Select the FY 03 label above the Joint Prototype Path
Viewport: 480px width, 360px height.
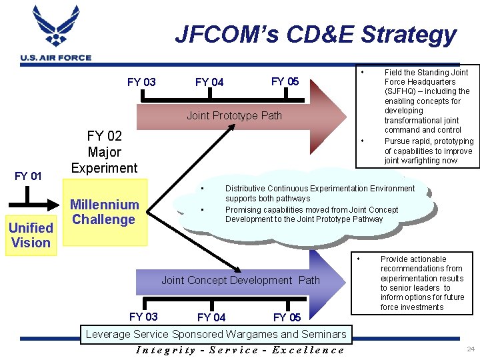pyautogui.click(x=141, y=82)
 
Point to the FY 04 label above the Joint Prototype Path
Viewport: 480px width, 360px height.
pyautogui.click(x=209, y=82)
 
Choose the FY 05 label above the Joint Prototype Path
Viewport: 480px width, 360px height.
pyautogui.click(x=285, y=81)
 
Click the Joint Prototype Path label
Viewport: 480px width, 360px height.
pyautogui.click(x=234, y=116)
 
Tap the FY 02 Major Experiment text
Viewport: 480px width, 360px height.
pyautogui.click(x=104, y=151)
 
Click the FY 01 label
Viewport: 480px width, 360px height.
pyautogui.click(x=28, y=176)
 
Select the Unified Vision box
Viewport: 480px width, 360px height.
pyautogui.click(x=31, y=235)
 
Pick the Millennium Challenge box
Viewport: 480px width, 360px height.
pyautogui.click(x=105, y=212)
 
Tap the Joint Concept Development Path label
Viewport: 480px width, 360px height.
pyautogui.click(x=240, y=280)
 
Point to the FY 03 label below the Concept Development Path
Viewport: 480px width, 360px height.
pyautogui.click(x=144, y=316)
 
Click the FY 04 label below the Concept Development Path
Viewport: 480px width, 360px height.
pyautogui.click(x=211, y=317)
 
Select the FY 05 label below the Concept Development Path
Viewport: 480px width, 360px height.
pyautogui.click(x=287, y=317)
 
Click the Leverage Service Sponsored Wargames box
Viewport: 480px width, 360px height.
pyautogui.click(x=214, y=333)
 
